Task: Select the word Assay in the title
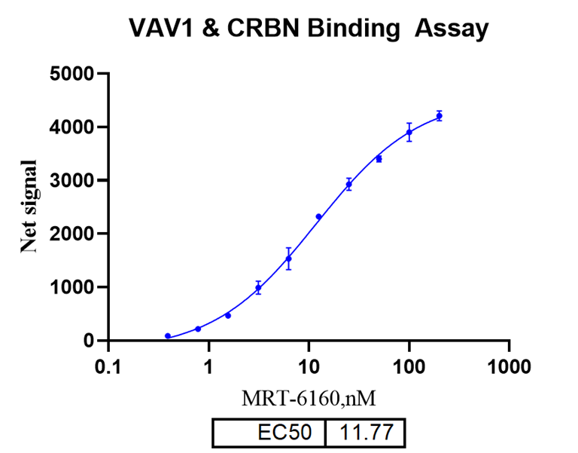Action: tap(452, 29)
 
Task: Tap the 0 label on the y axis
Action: tap(93, 341)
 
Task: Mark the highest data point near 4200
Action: tap(440, 116)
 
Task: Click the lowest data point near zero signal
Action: tap(168, 336)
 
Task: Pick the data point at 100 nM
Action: tap(409, 132)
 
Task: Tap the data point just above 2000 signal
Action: tap(318, 216)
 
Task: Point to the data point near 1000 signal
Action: tap(258, 288)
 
